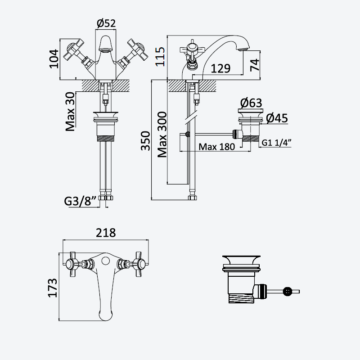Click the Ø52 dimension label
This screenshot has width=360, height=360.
point(106,23)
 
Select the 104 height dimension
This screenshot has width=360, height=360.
point(54,59)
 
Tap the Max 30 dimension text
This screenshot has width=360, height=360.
point(70,112)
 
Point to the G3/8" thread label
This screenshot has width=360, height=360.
point(80,201)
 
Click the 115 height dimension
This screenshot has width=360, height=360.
point(160,57)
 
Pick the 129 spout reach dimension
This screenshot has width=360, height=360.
point(220,68)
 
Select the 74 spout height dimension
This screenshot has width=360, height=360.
point(255,65)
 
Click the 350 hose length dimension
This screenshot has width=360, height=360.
point(145,141)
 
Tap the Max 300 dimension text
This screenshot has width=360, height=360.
point(162,135)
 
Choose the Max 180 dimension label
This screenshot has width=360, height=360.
point(217,147)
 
